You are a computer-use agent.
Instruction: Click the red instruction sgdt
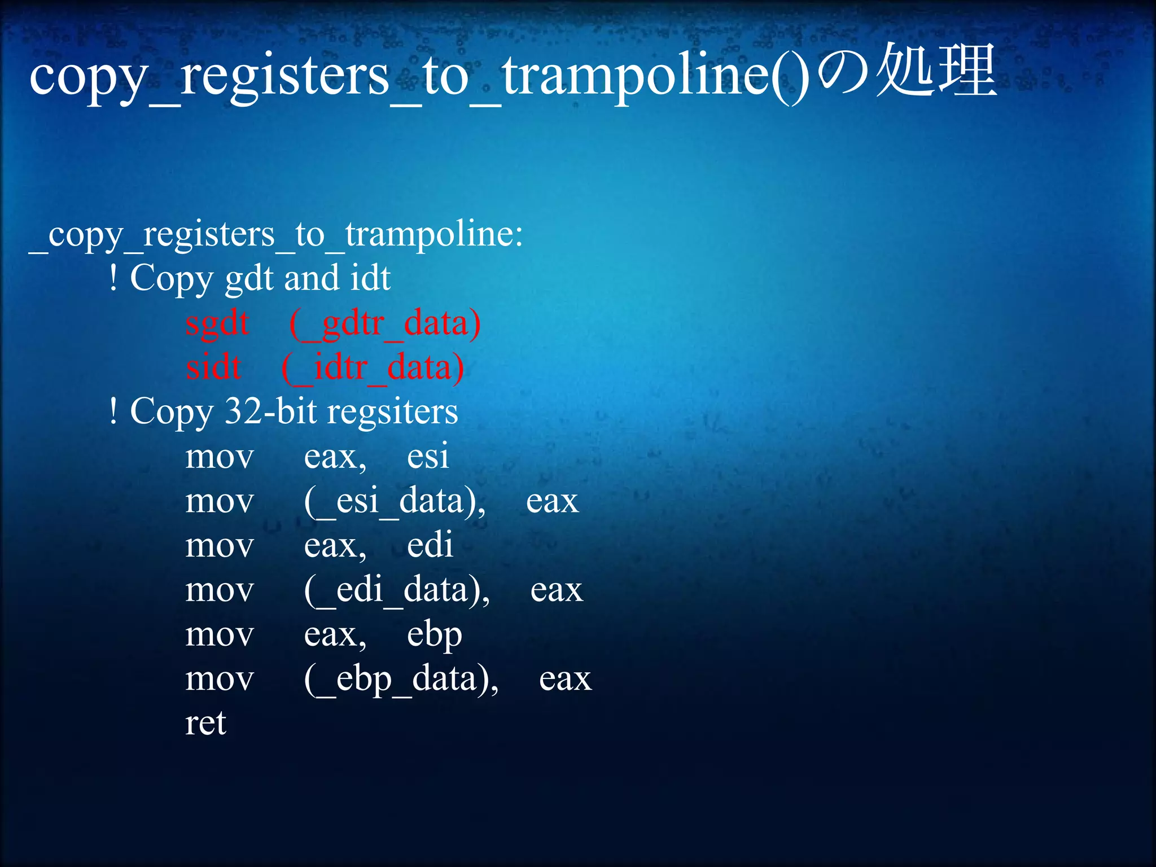(x=217, y=324)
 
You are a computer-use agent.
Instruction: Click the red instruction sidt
(x=214, y=367)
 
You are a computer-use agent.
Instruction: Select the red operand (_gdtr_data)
(x=385, y=324)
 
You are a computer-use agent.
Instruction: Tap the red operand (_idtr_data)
(x=373, y=368)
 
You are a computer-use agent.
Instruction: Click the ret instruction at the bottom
(x=205, y=723)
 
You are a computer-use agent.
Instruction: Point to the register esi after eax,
(x=428, y=457)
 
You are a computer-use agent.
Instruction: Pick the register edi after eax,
(x=430, y=545)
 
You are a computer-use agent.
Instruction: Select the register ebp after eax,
(x=434, y=635)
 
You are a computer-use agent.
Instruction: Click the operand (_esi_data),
(x=395, y=501)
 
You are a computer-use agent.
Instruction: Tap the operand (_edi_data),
(x=397, y=590)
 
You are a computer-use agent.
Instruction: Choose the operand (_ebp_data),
(x=401, y=679)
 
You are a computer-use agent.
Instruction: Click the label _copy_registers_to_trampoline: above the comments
(x=276, y=235)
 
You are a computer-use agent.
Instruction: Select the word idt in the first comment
(x=370, y=278)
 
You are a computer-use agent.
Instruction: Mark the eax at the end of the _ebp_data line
(x=565, y=679)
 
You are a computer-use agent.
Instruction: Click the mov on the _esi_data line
(x=220, y=501)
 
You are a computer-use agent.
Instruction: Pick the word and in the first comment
(x=312, y=278)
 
